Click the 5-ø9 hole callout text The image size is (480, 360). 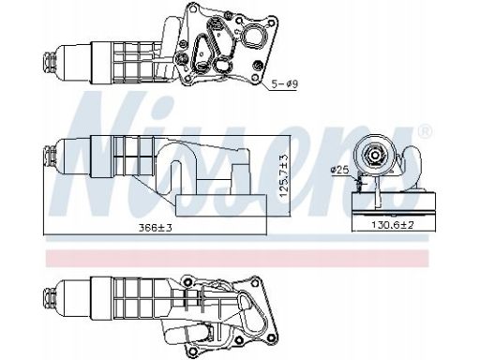pos(285,83)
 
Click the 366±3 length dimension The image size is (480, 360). pos(156,228)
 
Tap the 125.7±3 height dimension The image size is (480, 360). pos(284,176)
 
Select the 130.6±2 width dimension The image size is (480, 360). pos(393,224)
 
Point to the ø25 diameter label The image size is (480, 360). pos(339,170)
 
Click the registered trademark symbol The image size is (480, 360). pos(425,131)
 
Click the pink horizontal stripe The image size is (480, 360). pos(237,258)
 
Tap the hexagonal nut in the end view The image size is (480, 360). pos(374,155)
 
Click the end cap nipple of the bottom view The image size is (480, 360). pos(50,297)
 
